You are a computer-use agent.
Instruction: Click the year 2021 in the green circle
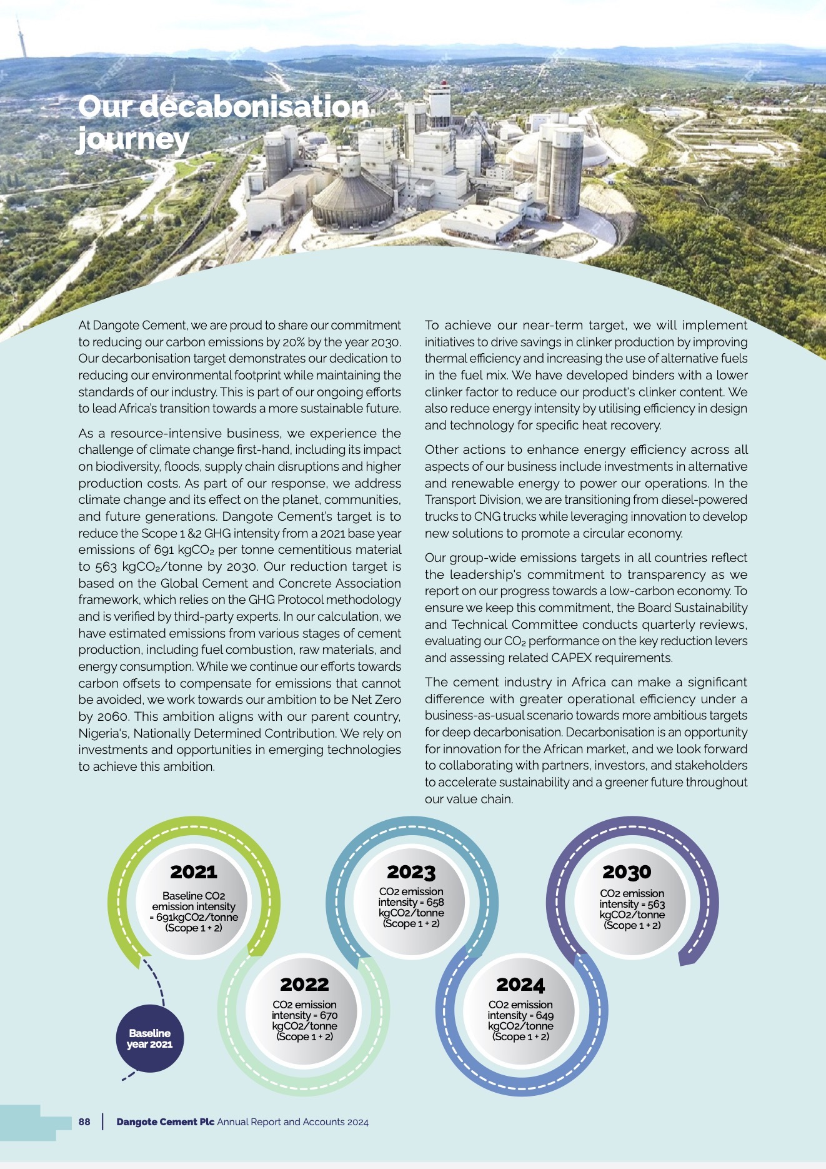194,871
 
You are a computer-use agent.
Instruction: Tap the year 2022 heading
304,984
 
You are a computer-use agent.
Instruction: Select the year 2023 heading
411,871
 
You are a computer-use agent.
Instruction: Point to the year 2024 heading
520,985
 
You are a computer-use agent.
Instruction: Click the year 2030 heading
627,871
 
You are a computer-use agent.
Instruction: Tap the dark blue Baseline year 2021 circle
150,1038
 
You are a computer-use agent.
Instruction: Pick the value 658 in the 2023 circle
435,902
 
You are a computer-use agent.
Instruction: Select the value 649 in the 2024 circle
544,1015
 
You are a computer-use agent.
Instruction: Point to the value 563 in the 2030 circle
655,904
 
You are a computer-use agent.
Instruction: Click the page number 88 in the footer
84,1121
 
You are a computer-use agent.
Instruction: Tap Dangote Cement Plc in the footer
165,1121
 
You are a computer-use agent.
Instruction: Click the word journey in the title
132,139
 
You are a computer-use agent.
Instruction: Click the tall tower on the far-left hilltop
21,38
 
